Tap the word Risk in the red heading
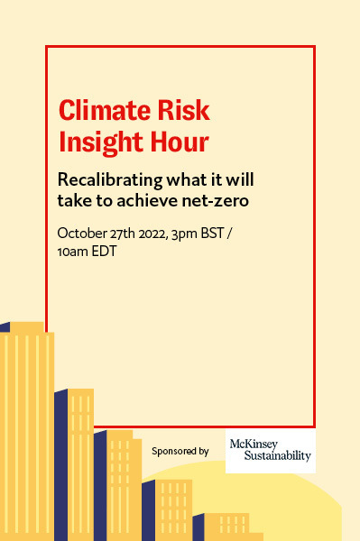[x=179, y=111]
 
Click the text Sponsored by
[x=180, y=451]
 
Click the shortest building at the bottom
[x=226, y=527]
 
